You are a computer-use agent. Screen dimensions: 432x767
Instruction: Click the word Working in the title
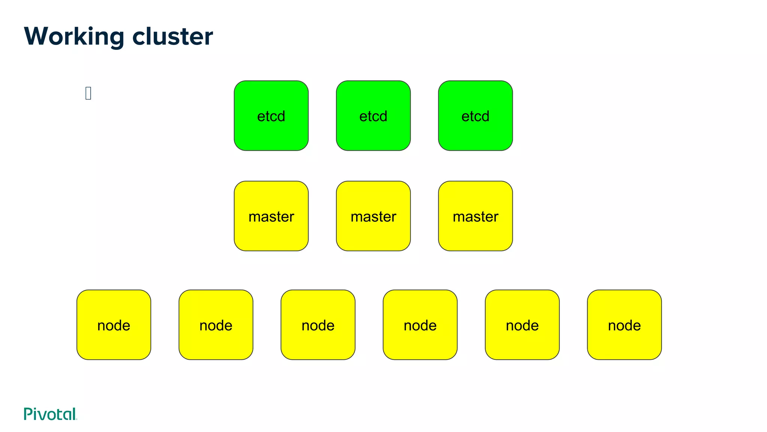(x=74, y=36)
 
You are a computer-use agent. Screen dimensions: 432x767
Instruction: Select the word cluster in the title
(x=172, y=36)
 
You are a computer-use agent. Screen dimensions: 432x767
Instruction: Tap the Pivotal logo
(x=50, y=414)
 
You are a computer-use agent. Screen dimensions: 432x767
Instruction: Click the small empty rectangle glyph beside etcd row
(x=88, y=93)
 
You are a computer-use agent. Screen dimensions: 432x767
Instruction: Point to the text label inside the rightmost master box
(x=475, y=217)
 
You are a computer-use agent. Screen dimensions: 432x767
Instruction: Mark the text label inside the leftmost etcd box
(x=271, y=116)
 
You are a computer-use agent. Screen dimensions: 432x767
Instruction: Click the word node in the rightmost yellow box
(x=624, y=325)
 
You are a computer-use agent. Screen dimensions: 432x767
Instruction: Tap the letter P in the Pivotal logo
(x=28, y=414)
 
